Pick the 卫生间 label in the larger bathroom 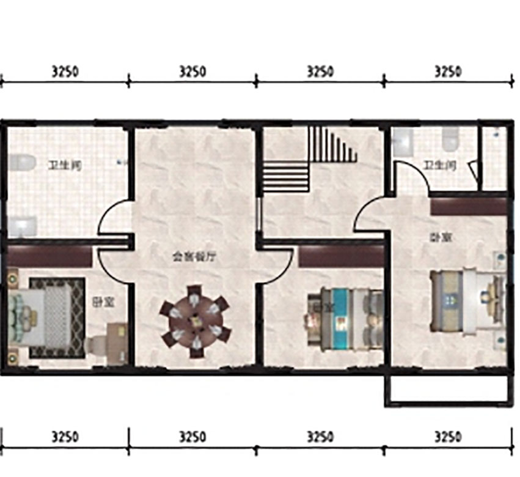point(65,165)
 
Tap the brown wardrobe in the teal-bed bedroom point(340,256)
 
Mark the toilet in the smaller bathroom point(451,140)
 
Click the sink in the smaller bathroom point(404,142)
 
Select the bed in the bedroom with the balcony point(467,302)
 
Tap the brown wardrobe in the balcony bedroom point(469,206)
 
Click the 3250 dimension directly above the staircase point(320,72)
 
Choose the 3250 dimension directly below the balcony point(447,437)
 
